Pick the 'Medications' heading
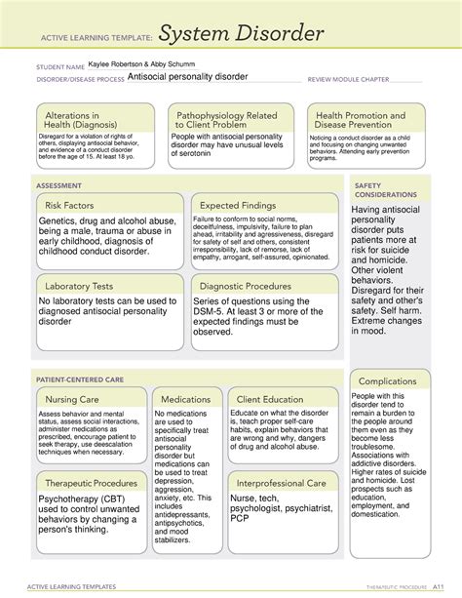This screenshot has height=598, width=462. [185, 399]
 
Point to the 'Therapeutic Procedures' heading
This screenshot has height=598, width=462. [91, 483]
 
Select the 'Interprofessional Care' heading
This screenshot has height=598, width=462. [281, 483]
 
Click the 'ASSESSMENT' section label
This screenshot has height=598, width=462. [59, 182]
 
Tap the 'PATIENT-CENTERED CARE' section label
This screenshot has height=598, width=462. [81, 376]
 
